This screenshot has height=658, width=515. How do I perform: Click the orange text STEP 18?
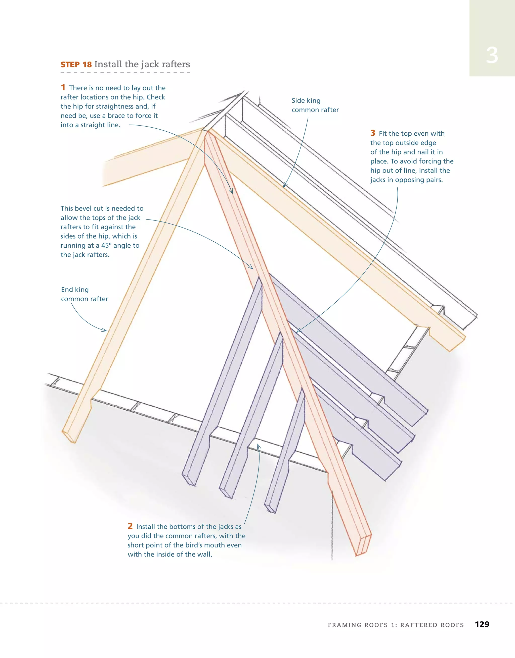(x=76, y=65)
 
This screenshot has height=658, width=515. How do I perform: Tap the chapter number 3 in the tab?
(x=492, y=56)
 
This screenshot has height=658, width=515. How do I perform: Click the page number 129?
(x=482, y=624)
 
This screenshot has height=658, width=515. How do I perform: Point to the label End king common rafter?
(x=84, y=294)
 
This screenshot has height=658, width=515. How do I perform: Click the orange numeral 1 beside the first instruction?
(x=63, y=87)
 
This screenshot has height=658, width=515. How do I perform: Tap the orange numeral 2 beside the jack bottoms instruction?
(x=130, y=526)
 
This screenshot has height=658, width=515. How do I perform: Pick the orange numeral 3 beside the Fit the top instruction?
(x=373, y=133)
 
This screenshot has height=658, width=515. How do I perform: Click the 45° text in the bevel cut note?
(x=106, y=246)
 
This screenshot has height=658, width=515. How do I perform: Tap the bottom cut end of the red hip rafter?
(x=364, y=546)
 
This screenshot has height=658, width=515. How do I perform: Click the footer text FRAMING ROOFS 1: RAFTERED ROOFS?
(x=395, y=625)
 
